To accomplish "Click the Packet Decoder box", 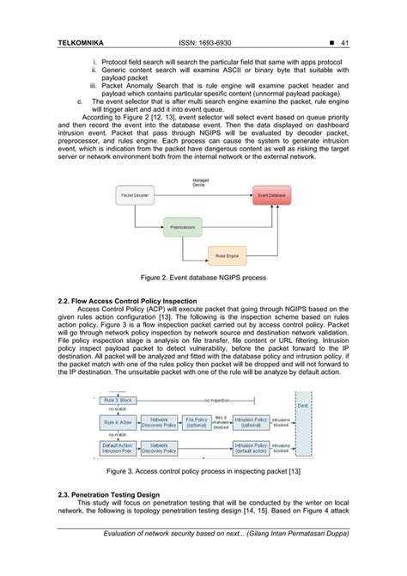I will pyautogui.click(x=134, y=197).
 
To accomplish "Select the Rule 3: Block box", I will pyautogui.click(x=116, y=401).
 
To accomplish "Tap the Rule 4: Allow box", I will pyautogui.click(x=116, y=422).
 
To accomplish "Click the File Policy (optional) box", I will pyautogui.click(x=198, y=422).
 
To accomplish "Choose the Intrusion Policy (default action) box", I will pyautogui.click(x=250, y=447).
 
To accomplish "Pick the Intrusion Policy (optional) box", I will pyautogui.click(x=250, y=422).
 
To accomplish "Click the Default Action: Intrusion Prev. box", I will pyautogui.click(x=116, y=447).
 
